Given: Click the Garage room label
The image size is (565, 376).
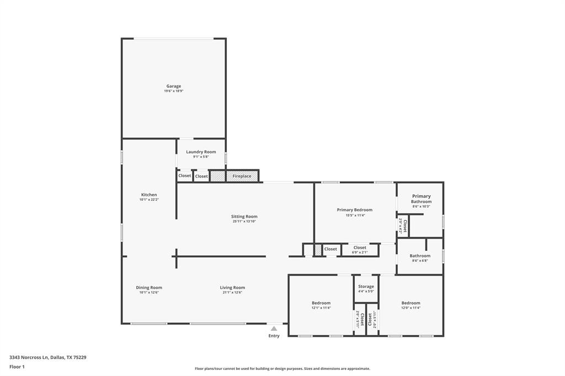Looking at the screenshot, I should click(x=173, y=86).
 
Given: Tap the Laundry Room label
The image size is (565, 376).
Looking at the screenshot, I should click(x=201, y=152).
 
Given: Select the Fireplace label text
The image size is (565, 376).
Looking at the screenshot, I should click(x=242, y=176).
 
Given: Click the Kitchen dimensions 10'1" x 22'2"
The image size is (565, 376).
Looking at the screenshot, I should click(x=149, y=200).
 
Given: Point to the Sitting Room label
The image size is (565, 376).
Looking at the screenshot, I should click(x=244, y=217).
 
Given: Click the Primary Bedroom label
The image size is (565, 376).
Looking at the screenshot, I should click(x=354, y=210).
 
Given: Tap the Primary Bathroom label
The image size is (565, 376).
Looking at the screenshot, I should click(x=421, y=198).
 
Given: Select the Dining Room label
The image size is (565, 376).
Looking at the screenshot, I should click(x=149, y=287).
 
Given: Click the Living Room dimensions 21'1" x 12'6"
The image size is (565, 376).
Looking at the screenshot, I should click(x=232, y=293).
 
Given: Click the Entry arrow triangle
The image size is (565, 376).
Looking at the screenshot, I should click(x=274, y=329).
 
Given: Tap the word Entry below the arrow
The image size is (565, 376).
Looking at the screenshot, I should click(x=274, y=336).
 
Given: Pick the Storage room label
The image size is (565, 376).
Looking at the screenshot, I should click(x=366, y=286).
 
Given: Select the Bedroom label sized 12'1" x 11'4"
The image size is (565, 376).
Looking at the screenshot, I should click(x=321, y=303).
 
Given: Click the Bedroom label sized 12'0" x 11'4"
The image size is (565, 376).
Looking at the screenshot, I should click(x=411, y=303).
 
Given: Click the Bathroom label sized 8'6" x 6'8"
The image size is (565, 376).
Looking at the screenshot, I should click(x=420, y=256).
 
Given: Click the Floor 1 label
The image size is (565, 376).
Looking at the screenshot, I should click(x=17, y=367).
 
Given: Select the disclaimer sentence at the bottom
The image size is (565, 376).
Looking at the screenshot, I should click(x=282, y=369).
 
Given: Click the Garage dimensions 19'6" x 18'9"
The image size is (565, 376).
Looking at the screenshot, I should click(x=173, y=91).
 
